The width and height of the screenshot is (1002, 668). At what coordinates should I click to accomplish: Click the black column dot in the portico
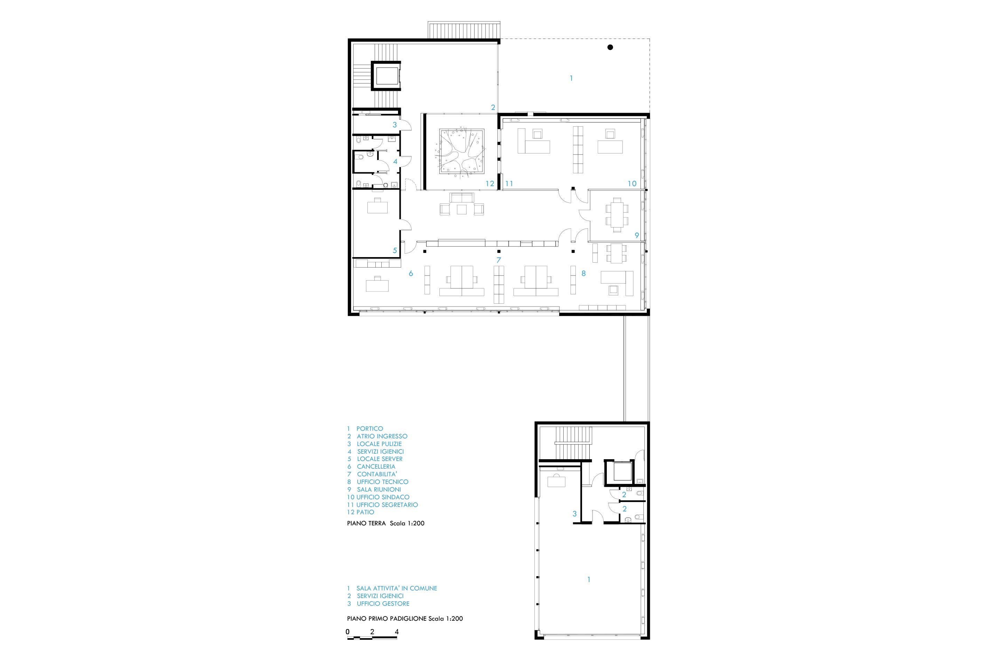tap(610, 47)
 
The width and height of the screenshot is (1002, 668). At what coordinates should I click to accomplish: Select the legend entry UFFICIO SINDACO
tap(383, 497)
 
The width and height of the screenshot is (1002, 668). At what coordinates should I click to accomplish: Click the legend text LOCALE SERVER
tap(380, 459)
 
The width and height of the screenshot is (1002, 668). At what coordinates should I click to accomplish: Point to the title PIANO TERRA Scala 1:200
tap(385, 523)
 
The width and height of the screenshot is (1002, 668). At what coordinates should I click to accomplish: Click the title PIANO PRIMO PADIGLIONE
tap(387, 618)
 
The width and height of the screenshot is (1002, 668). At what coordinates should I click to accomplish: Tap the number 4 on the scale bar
tap(397, 632)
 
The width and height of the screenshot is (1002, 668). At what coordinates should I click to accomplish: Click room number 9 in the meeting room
tap(637, 235)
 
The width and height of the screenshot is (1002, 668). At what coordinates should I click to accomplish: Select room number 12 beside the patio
tap(490, 184)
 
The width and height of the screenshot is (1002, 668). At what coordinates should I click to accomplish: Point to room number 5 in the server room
tap(395, 250)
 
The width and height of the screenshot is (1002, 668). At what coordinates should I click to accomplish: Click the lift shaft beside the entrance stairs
tap(386, 76)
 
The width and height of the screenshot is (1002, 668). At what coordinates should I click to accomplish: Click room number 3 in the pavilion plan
tap(574, 514)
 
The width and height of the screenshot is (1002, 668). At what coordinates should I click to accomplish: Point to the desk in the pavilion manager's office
tap(556, 481)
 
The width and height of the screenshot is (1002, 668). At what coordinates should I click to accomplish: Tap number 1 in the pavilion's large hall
tap(589, 579)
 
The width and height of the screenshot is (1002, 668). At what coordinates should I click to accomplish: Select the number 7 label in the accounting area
tap(499, 260)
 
